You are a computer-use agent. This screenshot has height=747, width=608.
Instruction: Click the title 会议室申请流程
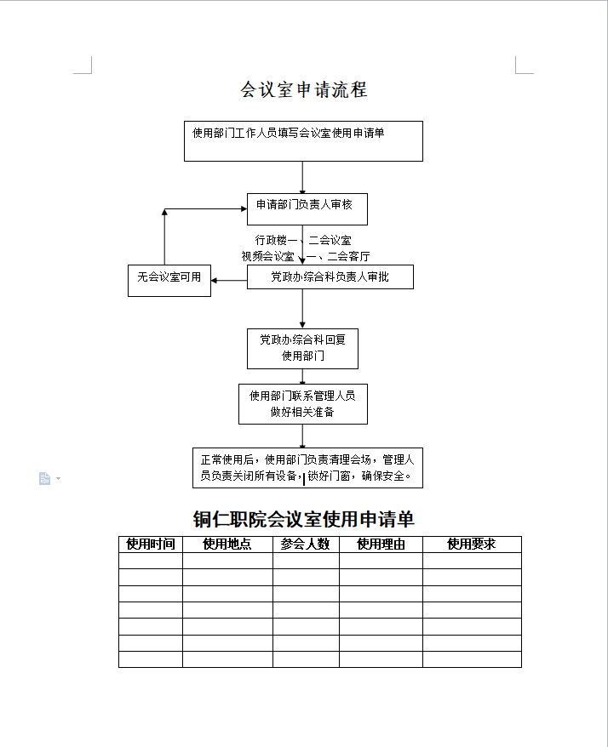304,89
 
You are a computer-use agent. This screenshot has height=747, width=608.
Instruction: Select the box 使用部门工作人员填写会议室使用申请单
303,141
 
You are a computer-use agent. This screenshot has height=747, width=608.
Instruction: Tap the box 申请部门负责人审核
307,209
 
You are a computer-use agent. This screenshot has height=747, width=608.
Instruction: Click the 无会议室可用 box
169,281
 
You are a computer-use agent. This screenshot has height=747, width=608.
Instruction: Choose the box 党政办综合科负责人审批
330,277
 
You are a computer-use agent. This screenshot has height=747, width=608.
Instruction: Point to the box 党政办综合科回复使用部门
302,349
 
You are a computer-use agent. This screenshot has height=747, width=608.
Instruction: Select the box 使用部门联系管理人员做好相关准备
303,404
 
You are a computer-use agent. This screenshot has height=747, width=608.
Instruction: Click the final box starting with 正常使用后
307,468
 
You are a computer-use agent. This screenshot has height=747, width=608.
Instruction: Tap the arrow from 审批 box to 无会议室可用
229,281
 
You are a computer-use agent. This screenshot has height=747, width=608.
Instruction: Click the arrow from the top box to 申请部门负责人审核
302,177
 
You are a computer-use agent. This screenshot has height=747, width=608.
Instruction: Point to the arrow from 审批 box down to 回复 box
302,309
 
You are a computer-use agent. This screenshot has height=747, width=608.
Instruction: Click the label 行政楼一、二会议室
303,240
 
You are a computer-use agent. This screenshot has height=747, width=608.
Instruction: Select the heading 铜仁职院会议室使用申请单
304,519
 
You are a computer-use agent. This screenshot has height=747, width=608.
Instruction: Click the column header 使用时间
151,544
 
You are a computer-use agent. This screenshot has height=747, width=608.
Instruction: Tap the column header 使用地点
227,544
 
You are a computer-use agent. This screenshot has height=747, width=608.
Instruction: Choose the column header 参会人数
305,544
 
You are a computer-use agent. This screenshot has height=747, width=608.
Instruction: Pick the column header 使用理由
381,544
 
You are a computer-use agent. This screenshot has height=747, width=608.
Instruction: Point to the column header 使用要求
471,544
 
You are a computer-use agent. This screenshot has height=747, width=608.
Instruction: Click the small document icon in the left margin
44,478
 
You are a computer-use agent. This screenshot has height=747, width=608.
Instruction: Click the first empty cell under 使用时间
151,561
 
